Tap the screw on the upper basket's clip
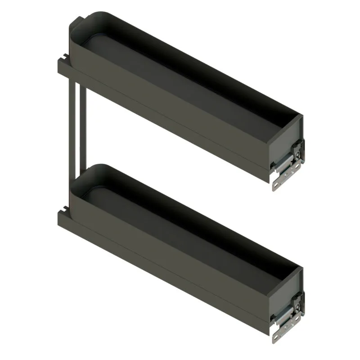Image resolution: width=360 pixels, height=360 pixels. pyautogui.click(x=297, y=153)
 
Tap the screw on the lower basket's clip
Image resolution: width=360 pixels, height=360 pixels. pyautogui.click(x=297, y=305)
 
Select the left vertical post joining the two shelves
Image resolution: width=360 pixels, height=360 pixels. pyautogui.click(x=72, y=121)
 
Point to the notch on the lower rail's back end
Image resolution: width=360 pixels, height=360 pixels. pyautogui.click(x=64, y=209)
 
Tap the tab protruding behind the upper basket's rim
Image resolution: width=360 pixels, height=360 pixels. pyautogui.click(x=78, y=22)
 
